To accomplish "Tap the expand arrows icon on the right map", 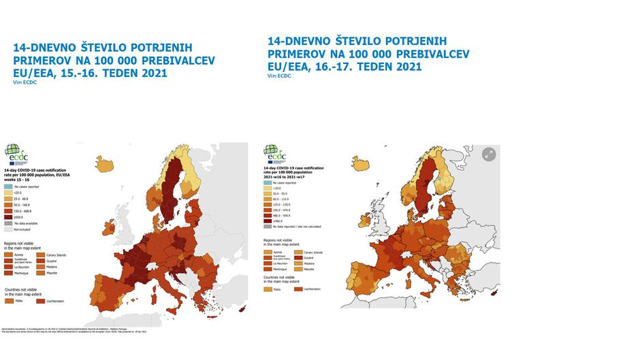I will pyautogui.click(x=489, y=154).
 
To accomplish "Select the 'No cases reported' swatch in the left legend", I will pyautogui.click(x=9, y=186).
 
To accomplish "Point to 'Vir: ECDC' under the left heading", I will pyautogui.click(x=23, y=82).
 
